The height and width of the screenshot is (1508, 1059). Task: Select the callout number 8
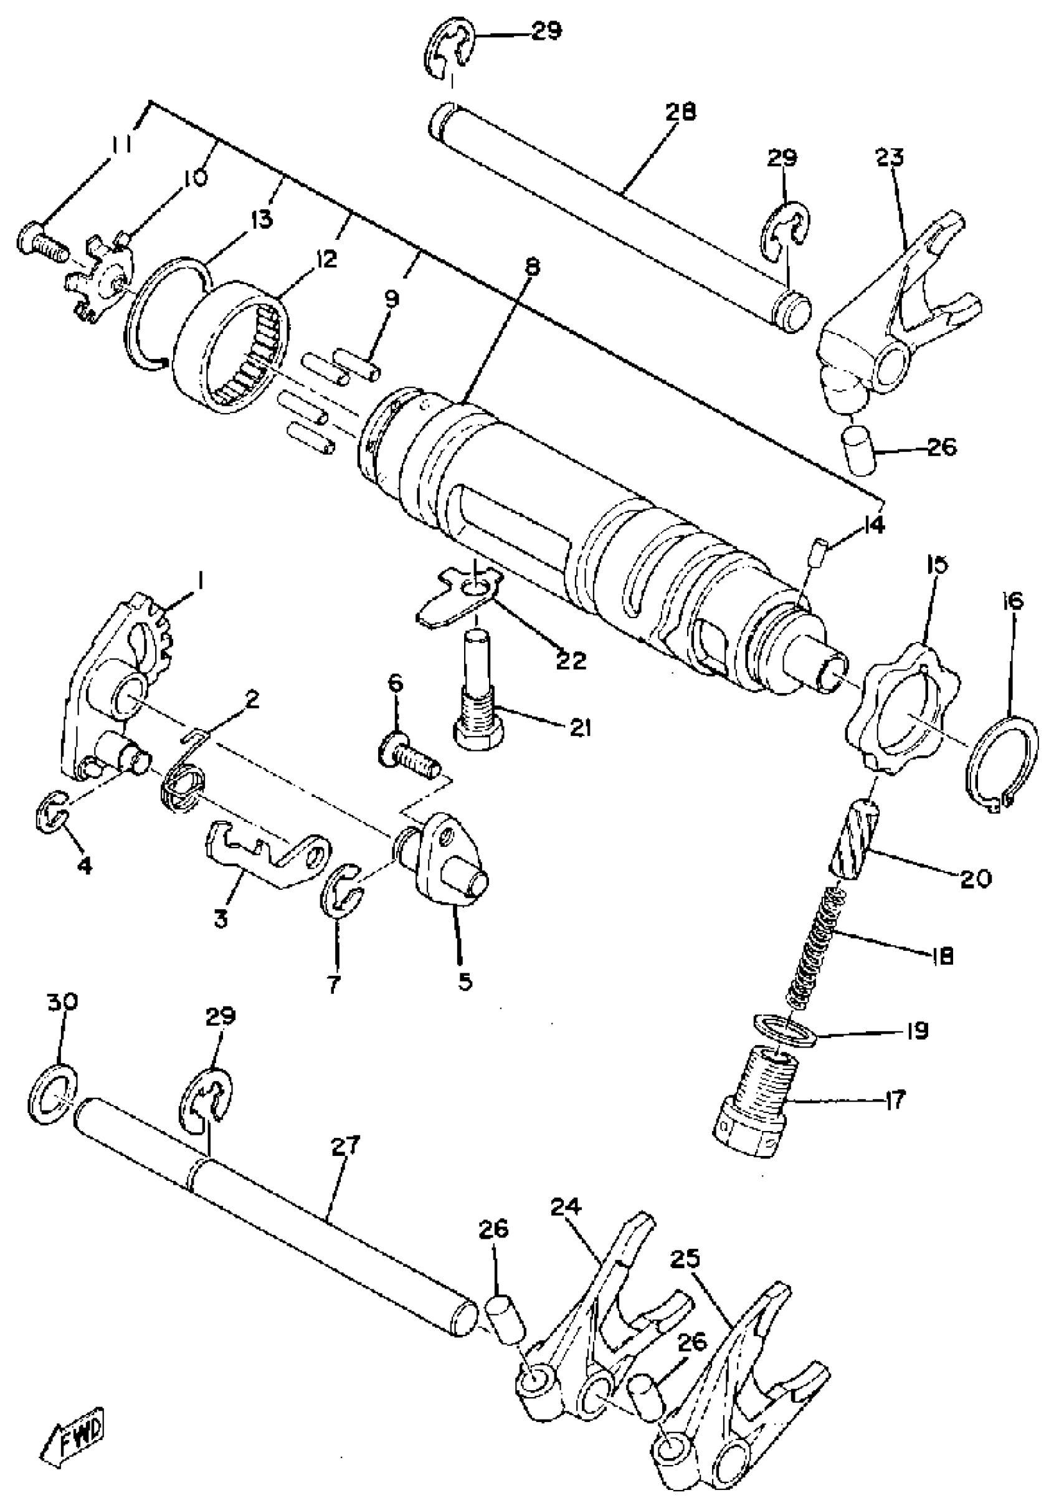(531, 268)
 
